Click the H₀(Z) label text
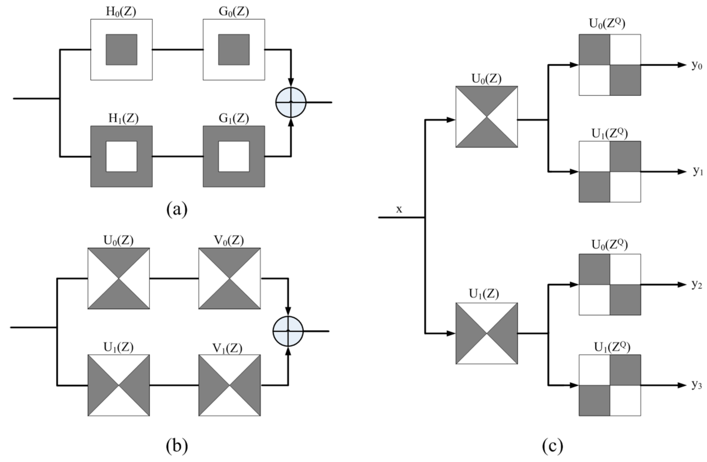pos(121,12)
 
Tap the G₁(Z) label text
pos(234,119)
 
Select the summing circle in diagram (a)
pos(291,102)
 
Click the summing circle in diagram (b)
pos(288,331)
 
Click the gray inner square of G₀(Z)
pos(234,50)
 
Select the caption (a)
pos(177,209)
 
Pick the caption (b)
pos(177,446)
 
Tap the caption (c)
pos(553,446)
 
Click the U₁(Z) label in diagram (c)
pos(484,293)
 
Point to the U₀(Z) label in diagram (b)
pos(119,240)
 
